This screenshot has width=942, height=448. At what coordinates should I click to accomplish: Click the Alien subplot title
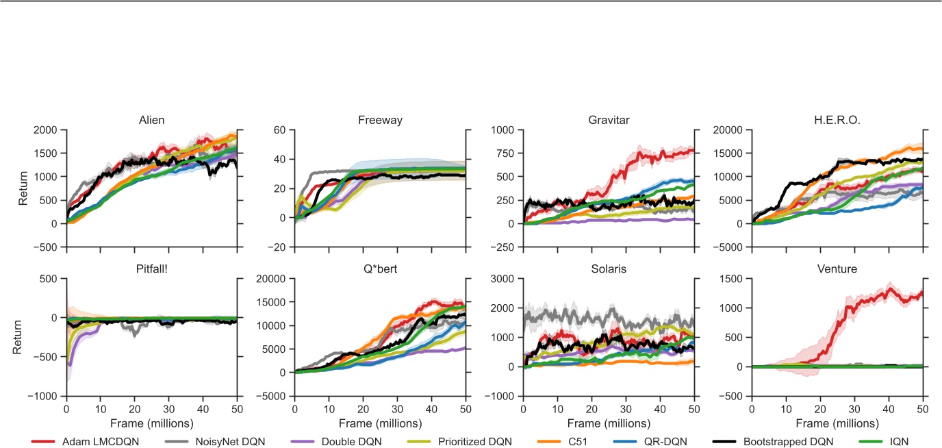click(x=151, y=120)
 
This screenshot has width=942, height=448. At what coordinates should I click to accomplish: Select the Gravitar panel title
click(x=608, y=120)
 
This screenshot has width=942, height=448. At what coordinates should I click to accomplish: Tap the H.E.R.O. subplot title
click(x=837, y=120)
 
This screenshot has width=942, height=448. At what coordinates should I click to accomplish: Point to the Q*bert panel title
click(x=380, y=269)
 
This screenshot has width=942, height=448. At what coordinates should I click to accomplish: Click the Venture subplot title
click(x=837, y=269)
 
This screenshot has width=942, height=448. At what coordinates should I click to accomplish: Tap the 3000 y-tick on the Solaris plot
click(x=505, y=279)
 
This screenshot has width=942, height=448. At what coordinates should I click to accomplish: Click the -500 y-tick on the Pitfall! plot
click(x=48, y=357)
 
